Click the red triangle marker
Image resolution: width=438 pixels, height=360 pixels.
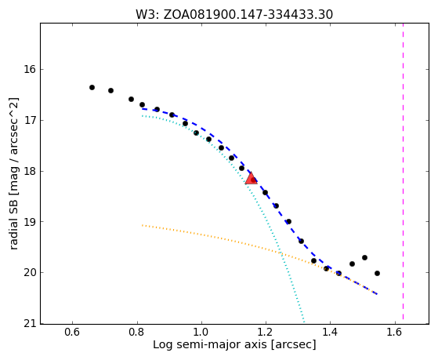point(251,179)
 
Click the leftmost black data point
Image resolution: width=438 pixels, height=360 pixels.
point(92,87)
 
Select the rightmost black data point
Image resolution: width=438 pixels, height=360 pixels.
point(377,273)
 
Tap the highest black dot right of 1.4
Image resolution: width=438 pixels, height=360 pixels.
point(364,257)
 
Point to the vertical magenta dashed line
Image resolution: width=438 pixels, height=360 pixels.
point(403,172)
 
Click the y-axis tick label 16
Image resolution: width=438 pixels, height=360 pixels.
point(30,69)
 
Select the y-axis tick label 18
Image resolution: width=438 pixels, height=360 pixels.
point(30,171)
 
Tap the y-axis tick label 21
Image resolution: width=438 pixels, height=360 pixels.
point(30,324)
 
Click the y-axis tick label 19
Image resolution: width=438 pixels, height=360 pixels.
point(30,221)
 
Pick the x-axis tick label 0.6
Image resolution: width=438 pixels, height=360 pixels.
point(72,332)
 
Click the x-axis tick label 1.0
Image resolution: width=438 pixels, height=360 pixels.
point(201,332)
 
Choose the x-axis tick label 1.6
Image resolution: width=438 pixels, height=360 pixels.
point(395,332)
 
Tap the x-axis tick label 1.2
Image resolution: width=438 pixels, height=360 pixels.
point(266,332)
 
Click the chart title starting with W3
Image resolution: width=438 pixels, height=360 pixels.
point(234,15)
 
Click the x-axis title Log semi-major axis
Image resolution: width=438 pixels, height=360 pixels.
point(234,344)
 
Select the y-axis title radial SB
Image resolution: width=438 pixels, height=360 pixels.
point(13,173)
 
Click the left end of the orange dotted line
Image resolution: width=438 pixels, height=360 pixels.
point(142,225)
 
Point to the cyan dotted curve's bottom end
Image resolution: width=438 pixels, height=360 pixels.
point(304,322)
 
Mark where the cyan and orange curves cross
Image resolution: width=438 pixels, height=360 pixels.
point(281,253)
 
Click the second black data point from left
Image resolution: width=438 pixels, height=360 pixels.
point(110,90)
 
